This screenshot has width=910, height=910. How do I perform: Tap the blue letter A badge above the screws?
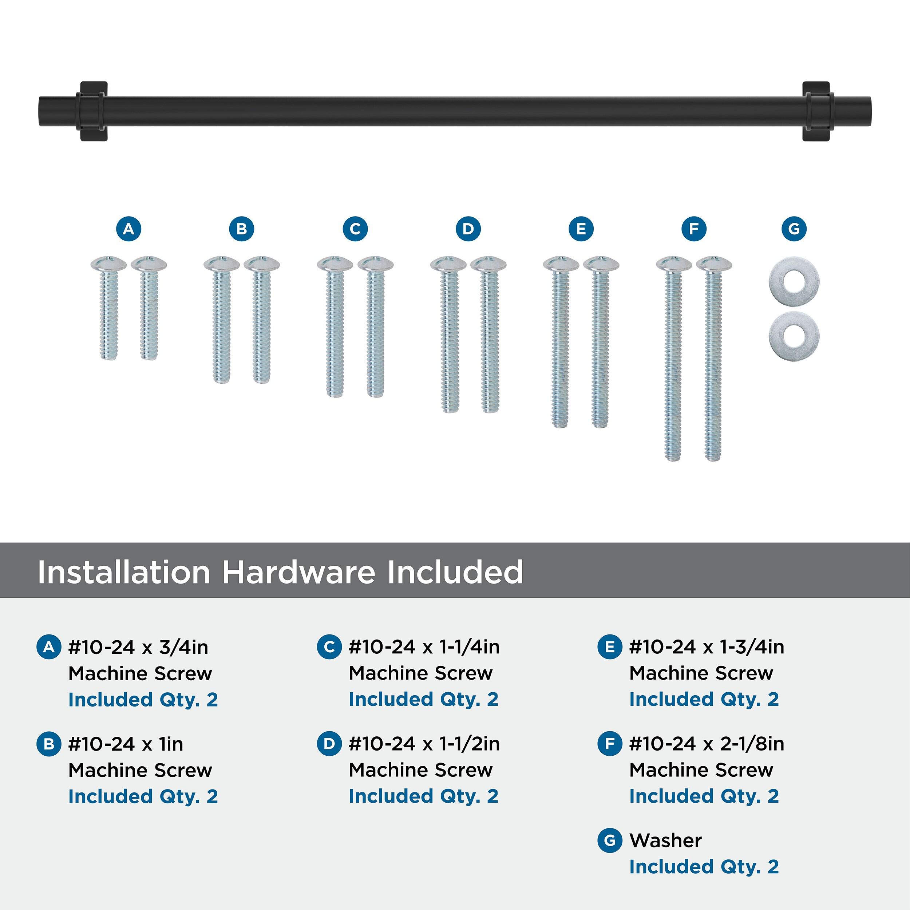128,229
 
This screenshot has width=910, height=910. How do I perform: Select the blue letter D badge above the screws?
468,229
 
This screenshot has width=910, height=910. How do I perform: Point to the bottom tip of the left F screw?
673,460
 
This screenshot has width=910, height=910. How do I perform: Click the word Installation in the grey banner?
123,572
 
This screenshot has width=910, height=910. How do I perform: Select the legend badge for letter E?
609,647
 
